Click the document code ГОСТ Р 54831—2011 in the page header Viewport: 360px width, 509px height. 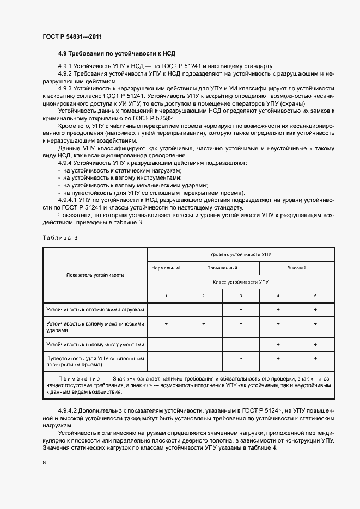pos(72,36)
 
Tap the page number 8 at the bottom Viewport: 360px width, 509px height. pos(44,463)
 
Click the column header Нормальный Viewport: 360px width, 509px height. pos(166,268)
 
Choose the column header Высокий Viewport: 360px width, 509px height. pos(296,268)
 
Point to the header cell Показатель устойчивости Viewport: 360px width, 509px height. pos(95,275)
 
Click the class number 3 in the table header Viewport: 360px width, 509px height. pos(241,296)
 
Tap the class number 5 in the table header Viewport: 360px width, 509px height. pos(315,296)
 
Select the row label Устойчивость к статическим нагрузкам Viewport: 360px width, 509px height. pos(95,310)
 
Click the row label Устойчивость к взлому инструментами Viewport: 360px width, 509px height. pos(95,345)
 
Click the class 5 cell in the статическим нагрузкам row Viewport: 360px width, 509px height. pos(315,310)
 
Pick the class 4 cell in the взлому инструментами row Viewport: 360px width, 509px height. pos(278,345)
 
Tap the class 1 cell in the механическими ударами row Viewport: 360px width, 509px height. pos(166,323)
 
